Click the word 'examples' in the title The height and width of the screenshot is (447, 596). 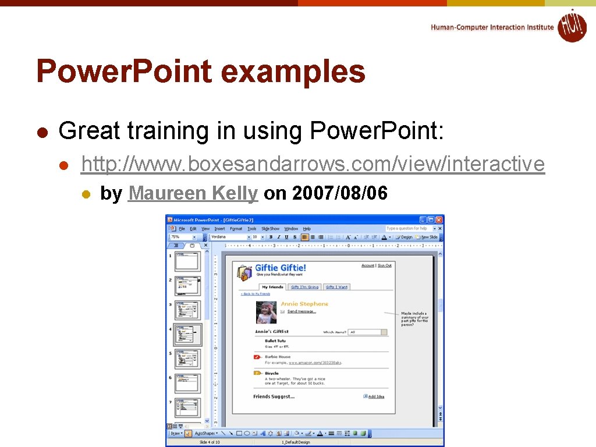[x=293, y=72]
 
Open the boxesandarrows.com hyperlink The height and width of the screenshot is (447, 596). [x=313, y=165]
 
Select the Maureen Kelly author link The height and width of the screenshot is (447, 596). [x=193, y=193]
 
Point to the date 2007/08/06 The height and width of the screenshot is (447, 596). [x=340, y=193]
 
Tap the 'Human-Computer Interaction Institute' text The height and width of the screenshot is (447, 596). [x=492, y=27]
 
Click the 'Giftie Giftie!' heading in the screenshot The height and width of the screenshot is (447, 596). [x=281, y=268]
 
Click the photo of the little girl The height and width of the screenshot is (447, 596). [x=267, y=312]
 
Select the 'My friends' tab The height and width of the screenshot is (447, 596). [x=272, y=287]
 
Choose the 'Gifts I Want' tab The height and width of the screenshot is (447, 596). [x=336, y=287]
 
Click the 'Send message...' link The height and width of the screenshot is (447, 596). [x=301, y=311]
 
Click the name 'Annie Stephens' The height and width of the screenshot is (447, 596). [x=304, y=304]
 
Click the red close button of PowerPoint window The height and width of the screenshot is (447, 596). [x=439, y=219]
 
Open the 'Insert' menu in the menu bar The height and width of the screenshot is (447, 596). [x=219, y=229]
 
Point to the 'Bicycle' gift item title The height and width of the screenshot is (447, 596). [x=272, y=373]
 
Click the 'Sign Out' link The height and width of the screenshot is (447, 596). [x=384, y=265]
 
